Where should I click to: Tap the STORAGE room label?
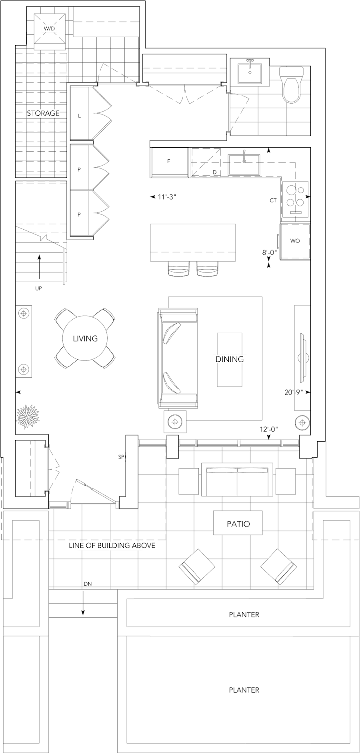43,113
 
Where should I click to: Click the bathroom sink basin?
250,72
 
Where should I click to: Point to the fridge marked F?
169,162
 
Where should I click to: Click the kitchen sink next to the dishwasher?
244,165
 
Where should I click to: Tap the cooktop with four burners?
296,199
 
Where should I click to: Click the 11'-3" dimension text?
167,197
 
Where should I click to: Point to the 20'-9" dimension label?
293,393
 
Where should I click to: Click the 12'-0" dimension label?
269,429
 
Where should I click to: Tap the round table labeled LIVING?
85,338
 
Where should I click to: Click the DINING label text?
230,359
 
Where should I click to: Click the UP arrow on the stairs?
39,266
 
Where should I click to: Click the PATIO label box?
238,523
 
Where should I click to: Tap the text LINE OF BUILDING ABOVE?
112,545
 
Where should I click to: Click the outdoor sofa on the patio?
238,479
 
